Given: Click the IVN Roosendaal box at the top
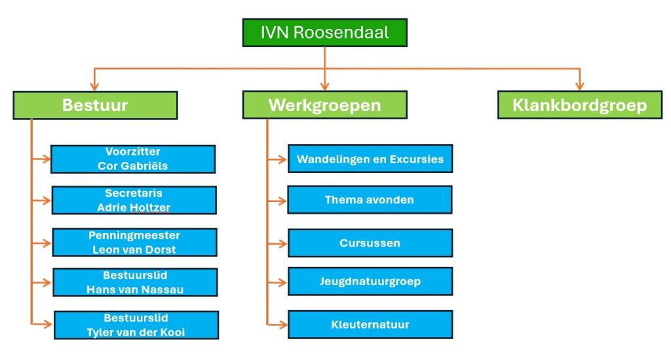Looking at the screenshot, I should [324, 32].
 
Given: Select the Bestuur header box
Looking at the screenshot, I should [95, 105].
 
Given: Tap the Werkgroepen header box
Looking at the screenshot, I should [324, 105].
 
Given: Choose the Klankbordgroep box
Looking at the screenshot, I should [579, 105].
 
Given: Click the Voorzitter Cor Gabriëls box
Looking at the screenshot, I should [133, 159].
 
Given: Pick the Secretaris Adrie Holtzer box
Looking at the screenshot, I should [134, 200].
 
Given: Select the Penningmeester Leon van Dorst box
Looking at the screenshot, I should [134, 242].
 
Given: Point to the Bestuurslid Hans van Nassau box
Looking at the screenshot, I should [135, 283].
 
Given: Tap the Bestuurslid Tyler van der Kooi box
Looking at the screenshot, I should [136, 325].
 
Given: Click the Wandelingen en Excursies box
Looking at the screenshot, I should [370, 159].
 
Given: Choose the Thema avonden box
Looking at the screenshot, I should [370, 200].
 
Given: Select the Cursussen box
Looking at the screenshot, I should [370, 243].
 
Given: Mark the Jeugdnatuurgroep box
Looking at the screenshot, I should [370, 281].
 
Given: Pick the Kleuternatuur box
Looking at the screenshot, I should [370, 325].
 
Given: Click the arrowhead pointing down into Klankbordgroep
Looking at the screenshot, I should [579, 86].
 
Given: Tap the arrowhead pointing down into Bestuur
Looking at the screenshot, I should [95, 86].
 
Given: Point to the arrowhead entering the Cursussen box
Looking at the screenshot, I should [282, 243].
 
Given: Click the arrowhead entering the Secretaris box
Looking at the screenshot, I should [47, 201].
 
